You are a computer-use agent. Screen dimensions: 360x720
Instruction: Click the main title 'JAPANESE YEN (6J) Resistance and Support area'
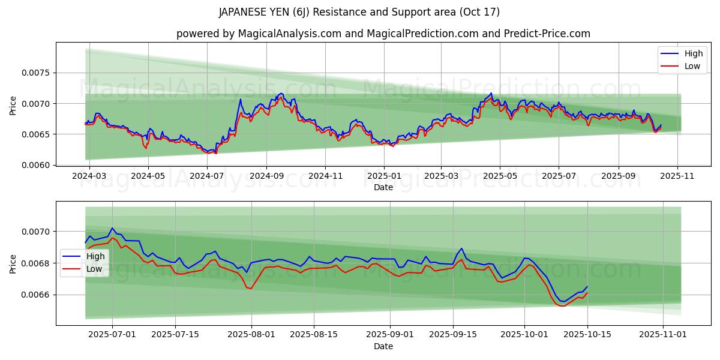point(359,12)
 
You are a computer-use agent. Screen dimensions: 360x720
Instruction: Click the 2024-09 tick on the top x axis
point(266,176)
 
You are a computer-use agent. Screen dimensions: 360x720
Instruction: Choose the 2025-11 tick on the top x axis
point(677,176)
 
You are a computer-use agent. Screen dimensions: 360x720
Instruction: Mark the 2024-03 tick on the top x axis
point(89,176)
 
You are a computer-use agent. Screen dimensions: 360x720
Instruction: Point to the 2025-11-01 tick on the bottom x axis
point(662,335)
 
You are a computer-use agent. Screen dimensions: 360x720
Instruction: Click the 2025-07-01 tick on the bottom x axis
point(112,335)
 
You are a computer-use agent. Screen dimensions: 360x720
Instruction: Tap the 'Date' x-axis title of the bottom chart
point(383,346)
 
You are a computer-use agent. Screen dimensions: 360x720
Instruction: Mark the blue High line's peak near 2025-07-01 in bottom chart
point(112,228)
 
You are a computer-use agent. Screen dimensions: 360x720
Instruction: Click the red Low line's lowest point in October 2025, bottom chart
point(562,306)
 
